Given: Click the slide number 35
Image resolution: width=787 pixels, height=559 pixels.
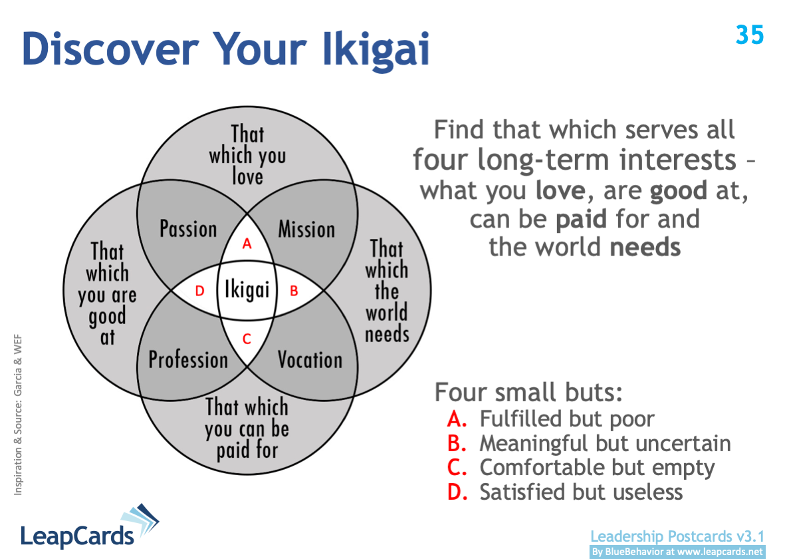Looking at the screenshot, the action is click(x=750, y=35).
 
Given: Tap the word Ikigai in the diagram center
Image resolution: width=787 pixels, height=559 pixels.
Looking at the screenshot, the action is click(x=247, y=290).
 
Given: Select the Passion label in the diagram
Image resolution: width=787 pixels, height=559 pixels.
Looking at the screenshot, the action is click(x=188, y=230).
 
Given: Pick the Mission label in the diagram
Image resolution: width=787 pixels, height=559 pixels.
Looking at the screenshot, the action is click(x=306, y=230).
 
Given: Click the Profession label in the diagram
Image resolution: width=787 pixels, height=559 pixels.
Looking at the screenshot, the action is click(x=188, y=360).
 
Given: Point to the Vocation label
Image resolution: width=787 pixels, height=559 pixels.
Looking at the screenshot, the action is click(x=310, y=360).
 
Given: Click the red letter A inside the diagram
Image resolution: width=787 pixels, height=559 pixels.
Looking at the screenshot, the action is click(x=247, y=245).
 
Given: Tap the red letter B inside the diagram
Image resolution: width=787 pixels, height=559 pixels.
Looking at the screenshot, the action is click(x=294, y=291).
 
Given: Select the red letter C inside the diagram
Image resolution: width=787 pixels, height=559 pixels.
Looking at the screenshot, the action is click(x=247, y=339).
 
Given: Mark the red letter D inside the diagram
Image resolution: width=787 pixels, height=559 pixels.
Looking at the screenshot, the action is click(x=199, y=291).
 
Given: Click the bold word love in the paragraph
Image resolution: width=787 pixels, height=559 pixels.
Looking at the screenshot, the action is click(x=560, y=191).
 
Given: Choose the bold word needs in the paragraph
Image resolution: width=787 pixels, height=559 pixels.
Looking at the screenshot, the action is click(x=645, y=247).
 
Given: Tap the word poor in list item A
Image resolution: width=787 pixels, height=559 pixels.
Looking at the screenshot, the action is click(x=632, y=419).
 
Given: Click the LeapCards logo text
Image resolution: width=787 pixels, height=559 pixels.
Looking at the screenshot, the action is click(x=77, y=536).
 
